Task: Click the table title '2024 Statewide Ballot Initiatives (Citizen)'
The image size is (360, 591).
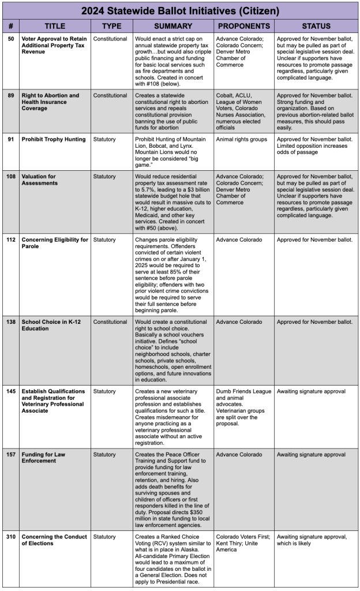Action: coord(180,10)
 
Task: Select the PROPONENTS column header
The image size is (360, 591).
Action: coord(243,26)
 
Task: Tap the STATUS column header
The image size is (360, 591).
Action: coord(316,26)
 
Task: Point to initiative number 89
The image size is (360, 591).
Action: coord(11,95)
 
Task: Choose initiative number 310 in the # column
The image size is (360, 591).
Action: coord(12,536)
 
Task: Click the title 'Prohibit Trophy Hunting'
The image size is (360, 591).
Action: coord(54,139)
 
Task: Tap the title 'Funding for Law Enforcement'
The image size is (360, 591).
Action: coord(43,458)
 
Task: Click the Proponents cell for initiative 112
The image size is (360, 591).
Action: coord(239,240)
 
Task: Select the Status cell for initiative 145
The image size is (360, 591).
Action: coord(311,391)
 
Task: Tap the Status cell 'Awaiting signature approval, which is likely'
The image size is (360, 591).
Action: coord(312,540)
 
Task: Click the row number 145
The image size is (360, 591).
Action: coord(12,391)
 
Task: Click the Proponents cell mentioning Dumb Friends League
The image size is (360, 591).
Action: coord(243,407)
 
